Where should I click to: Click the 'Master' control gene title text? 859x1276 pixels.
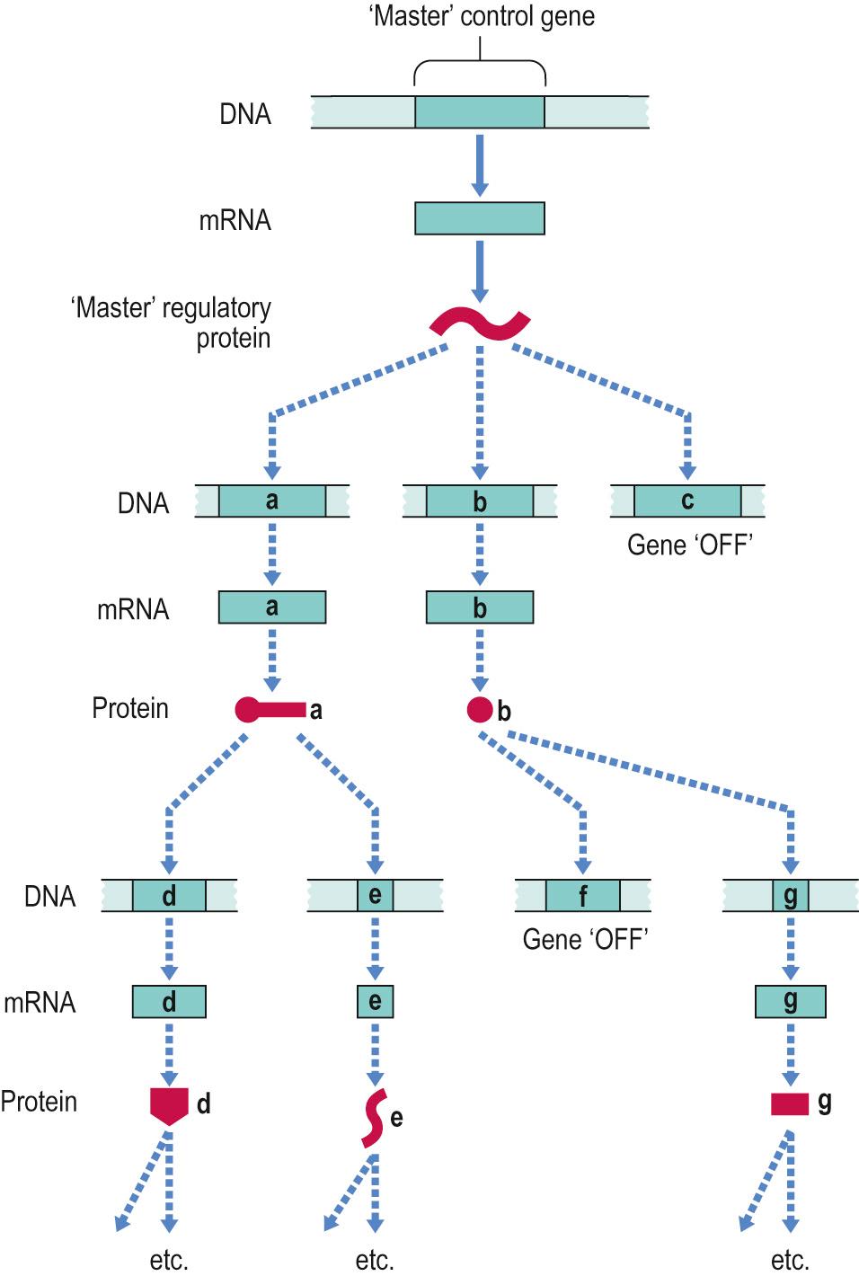click(x=482, y=17)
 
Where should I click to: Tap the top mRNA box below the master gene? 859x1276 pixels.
click(x=479, y=218)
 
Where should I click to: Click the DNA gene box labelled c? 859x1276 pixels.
click(x=687, y=501)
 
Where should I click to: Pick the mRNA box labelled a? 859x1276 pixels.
click(x=272, y=607)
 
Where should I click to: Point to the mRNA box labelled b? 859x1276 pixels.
click(x=479, y=607)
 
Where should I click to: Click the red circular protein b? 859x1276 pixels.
click(x=480, y=710)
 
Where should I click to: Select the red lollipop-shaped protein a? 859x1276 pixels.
click(x=270, y=710)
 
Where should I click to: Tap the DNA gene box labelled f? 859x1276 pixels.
click(x=582, y=896)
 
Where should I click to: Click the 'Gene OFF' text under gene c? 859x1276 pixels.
click(x=687, y=545)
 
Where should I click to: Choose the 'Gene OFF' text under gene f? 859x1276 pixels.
click(x=585, y=940)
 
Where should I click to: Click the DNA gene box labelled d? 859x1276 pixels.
click(x=169, y=896)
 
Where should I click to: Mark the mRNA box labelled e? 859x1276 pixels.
click(x=375, y=1001)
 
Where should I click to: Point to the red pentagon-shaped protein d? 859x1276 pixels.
click(x=169, y=1104)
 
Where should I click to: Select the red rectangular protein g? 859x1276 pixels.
click(x=790, y=1103)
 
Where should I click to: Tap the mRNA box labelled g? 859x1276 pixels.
click(x=790, y=1001)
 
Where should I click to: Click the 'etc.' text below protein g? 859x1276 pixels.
click(x=790, y=1260)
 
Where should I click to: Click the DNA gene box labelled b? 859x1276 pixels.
click(x=479, y=501)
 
